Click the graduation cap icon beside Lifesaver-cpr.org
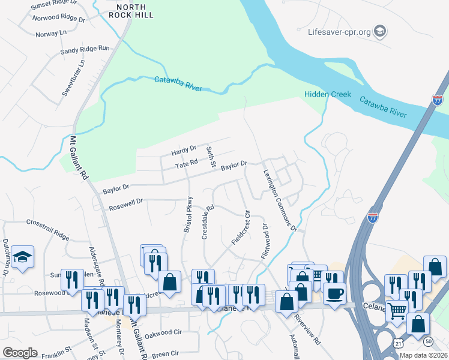point(379,30)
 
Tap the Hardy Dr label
point(184,148)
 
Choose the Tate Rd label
point(186,163)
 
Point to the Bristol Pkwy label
point(188,215)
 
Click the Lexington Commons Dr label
point(280,199)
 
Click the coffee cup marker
point(335,294)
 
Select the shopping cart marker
point(397,310)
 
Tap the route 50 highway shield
point(427,341)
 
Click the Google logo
point(20,352)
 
